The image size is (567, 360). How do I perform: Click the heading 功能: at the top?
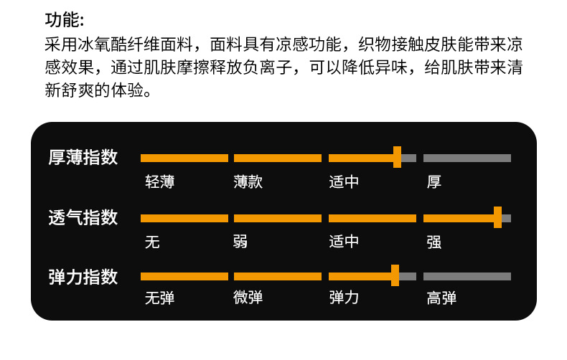(x=64, y=19)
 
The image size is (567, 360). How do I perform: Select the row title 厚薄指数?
(x=83, y=158)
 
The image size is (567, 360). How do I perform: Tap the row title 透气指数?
(x=83, y=217)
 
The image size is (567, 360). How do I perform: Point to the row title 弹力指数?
(x=83, y=277)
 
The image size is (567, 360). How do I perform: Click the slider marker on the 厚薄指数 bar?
(x=397, y=158)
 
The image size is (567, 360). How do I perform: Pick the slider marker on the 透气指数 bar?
(x=497, y=217)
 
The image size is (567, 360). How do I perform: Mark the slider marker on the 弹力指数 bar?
(x=395, y=276)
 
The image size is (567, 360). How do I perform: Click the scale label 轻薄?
(x=159, y=182)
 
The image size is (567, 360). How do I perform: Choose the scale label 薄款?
(x=248, y=182)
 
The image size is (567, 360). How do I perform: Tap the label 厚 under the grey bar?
(x=434, y=182)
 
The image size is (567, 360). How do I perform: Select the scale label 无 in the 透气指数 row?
(x=152, y=242)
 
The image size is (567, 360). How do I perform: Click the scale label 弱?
(x=241, y=242)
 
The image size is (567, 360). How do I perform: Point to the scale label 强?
(x=434, y=242)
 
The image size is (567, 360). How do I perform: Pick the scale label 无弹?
(x=159, y=298)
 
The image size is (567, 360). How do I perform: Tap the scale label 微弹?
(x=248, y=298)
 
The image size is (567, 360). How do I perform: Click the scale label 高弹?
(x=441, y=298)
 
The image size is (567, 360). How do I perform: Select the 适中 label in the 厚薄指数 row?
(x=344, y=182)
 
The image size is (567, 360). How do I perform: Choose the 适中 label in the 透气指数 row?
(x=344, y=242)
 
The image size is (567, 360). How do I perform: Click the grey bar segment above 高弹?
(x=467, y=276)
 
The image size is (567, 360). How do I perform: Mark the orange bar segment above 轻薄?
(x=184, y=158)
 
